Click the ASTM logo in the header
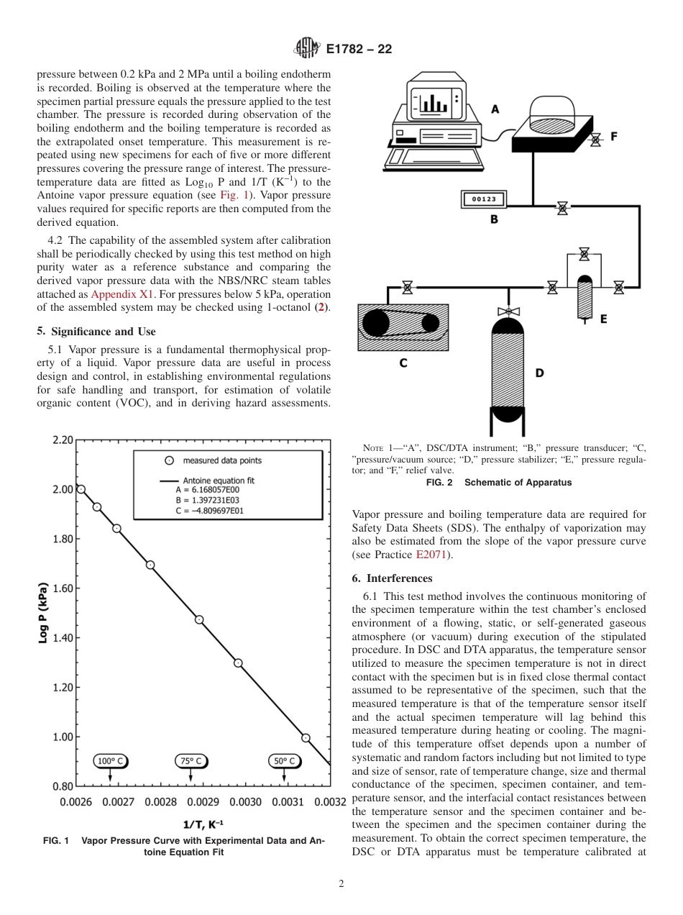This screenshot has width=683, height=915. (306, 49)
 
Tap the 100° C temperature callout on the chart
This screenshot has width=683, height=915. (109, 761)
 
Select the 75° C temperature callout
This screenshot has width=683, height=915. (191, 761)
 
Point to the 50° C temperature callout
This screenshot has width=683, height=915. (285, 761)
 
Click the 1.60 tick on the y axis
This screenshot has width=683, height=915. (63, 588)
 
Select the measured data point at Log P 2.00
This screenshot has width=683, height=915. (81, 489)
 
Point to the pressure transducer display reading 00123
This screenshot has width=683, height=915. (483, 199)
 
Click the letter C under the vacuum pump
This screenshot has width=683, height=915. (403, 363)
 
